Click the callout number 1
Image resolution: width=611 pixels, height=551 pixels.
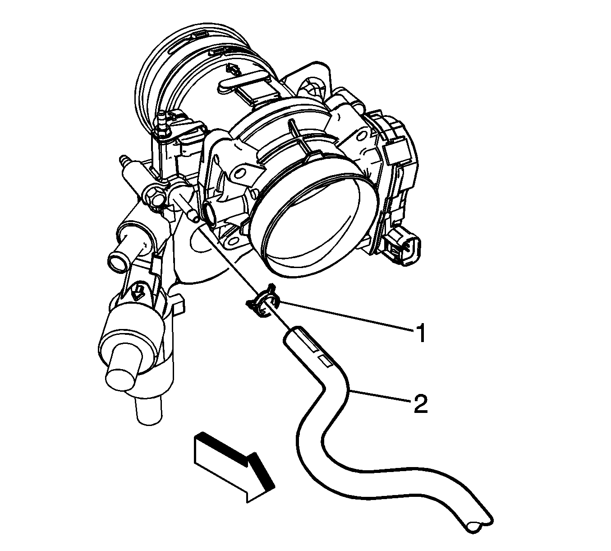(x=421, y=333)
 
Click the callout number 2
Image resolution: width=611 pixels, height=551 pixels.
(x=421, y=404)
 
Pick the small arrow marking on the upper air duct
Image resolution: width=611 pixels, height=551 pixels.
(x=232, y=71)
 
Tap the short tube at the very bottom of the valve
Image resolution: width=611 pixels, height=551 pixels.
(x=148, y=410)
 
